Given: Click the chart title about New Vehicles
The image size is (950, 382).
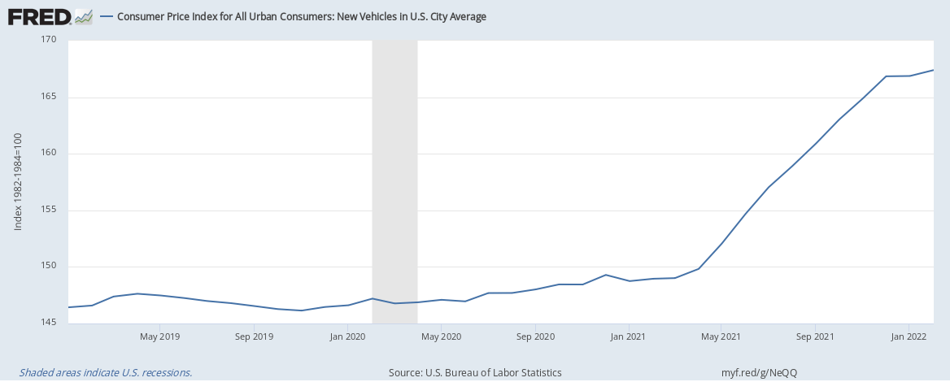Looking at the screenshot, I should point(302,16).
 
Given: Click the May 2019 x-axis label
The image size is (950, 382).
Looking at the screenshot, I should point(159,336).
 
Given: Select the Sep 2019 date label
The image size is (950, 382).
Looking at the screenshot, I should point(254,336).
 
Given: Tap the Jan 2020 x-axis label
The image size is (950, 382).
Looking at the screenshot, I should point(347,336).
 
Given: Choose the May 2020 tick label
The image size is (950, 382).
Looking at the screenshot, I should point(440,336).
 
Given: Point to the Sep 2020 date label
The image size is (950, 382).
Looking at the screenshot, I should point(534,336).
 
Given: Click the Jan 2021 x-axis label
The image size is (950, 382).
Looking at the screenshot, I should point(628,336).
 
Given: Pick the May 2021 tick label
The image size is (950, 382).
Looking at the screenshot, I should point(721,336).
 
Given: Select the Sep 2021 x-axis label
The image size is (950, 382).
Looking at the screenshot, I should point(815,336).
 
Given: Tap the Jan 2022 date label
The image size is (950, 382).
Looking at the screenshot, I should point(909,336).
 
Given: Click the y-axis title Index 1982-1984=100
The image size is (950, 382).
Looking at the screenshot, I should point(18,181).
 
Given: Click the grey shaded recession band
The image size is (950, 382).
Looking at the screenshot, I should point(394,179).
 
